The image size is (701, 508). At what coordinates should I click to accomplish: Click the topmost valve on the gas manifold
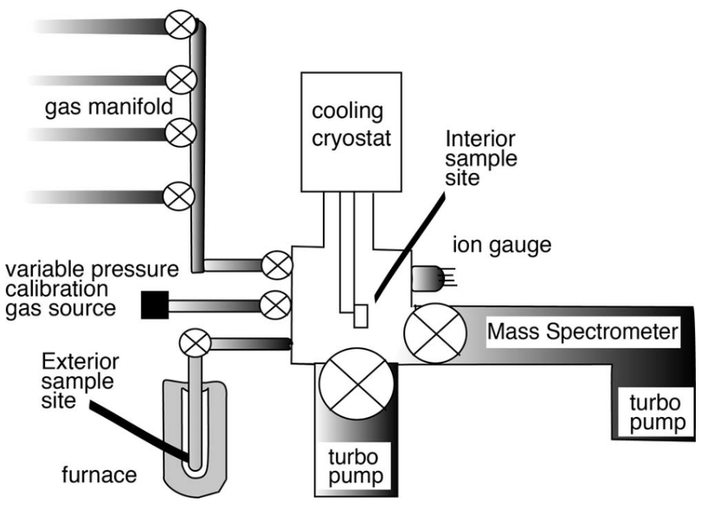tap(183, 27)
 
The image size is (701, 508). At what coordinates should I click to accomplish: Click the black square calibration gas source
tap(153, 304)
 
